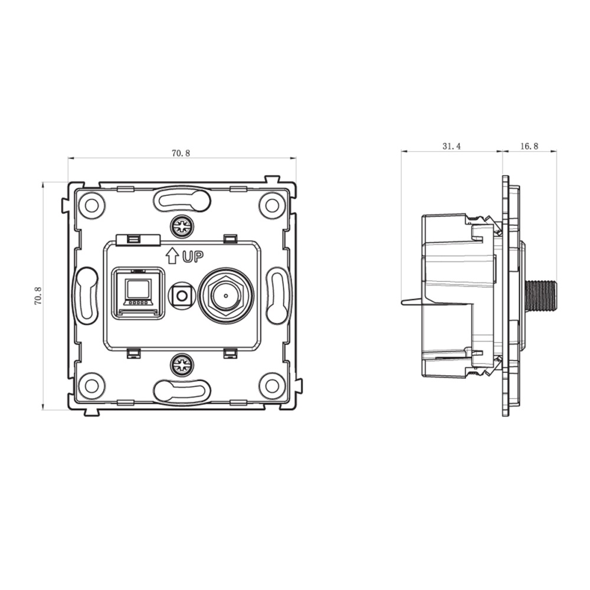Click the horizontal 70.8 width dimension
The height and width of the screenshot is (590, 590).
(x=181, y=153)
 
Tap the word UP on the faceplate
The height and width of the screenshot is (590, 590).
(x=193, y=257)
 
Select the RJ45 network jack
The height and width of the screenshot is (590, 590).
(x=137, y=293)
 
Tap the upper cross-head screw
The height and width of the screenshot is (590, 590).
(x=182, y=226)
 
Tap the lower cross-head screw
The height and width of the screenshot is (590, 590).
(x=182, y=365)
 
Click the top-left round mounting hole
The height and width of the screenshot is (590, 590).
(x=91, y=205)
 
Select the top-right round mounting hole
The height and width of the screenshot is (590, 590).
(x=272, y=205)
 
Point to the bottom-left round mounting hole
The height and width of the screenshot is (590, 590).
(x=91, y=386)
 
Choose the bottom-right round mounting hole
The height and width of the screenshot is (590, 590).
(x=272, y=386)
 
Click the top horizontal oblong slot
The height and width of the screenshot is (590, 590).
(x=182, y=200)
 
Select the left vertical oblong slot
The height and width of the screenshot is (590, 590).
(x=86, y=296)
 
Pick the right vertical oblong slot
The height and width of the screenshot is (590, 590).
(x=277, y=296)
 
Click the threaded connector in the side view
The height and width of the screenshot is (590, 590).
(x=540, y=296)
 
